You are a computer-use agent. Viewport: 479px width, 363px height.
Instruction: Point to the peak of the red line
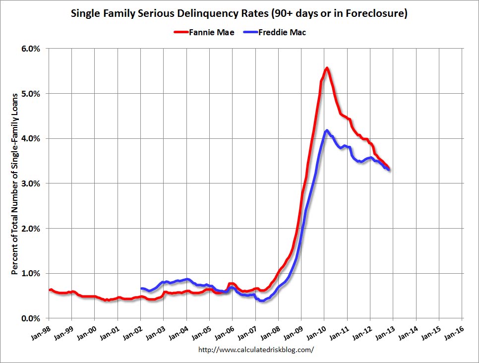[327, 68]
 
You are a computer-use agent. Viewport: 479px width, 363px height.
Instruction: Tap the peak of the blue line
[326, 130]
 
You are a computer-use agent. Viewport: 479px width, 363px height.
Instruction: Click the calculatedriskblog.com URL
[256, 350]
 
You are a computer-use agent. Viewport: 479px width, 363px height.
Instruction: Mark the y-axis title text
[15, 183]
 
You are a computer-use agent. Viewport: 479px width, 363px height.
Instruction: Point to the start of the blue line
[141, 288]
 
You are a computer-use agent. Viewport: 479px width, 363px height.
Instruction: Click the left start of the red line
[50, 290]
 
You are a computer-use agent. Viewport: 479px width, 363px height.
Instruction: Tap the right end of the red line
[388, 168]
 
